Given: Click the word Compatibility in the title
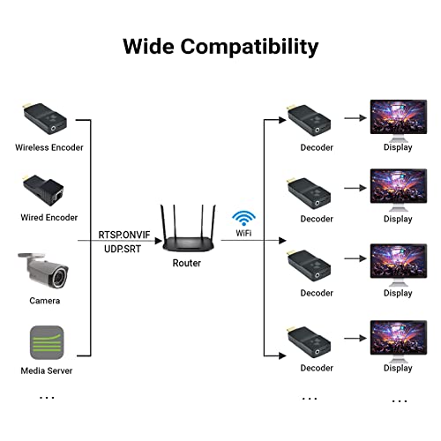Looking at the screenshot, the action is point(250,47).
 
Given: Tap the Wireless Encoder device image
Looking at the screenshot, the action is point(45,118).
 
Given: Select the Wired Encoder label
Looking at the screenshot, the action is point(49,218).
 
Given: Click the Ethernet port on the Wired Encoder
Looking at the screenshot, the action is point(59,195).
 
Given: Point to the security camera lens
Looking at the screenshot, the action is point(60,277).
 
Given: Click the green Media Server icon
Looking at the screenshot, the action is point(47,342).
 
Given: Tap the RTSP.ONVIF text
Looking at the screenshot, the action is point(124,235).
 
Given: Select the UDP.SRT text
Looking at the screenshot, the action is point(123,249).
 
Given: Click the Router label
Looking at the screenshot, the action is point(187,263).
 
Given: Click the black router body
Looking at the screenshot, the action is point(189,243).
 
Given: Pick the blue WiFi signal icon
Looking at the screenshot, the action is point(243,218).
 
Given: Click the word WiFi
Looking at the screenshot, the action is point(243,233).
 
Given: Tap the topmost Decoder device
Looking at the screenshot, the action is point(309,120).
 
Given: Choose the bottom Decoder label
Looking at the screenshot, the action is point(317,368).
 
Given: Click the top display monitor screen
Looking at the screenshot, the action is point(399,116).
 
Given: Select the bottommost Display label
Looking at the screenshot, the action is point(398,368).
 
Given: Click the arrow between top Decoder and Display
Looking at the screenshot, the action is point(355,118).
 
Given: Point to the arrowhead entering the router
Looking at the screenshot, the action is point(159,241).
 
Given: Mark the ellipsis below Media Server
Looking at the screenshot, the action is point(47,398).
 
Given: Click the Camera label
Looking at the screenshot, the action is point(45,301).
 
